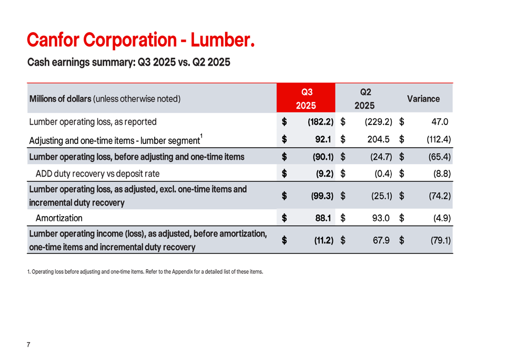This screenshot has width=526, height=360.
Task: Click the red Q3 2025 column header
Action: click(306, 98)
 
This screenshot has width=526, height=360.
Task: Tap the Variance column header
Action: click(423, 98)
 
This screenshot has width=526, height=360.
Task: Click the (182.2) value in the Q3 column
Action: click(321, 122)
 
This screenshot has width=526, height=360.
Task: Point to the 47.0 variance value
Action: click(440, 122)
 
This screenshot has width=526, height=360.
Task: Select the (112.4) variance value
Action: click(438, 140)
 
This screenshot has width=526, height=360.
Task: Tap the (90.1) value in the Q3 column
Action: click(322, 157)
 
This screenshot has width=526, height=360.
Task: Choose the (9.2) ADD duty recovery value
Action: click(324, 173)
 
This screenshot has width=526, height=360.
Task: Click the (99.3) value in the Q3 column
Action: click(322, 196)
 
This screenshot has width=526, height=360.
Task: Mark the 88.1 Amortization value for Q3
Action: click(322, 218)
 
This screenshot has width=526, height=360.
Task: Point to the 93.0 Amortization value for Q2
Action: click(380, 218)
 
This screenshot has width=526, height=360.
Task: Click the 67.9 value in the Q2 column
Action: click(380, 240)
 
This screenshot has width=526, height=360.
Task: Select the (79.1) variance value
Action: click(440, 240)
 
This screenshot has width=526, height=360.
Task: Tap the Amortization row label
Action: click(59, 218)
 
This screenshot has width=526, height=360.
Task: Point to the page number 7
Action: click(28, 345)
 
